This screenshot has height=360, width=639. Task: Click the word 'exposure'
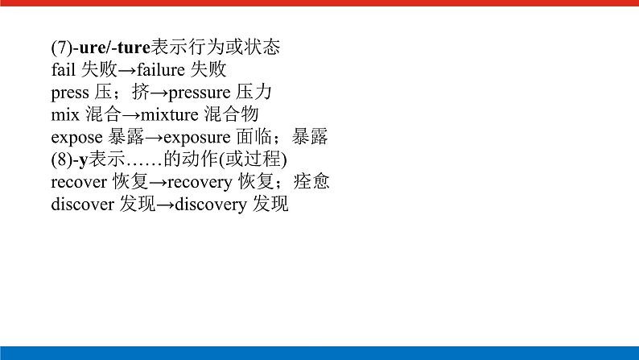click(x=196, y=137)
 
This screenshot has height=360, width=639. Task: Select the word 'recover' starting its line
click(x=78, y=182)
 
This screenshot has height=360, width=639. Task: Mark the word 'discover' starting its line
click(x=82, y=205)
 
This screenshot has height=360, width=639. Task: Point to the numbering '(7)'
click(x=60, y=47)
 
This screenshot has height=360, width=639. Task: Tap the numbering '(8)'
click(x=60, y=159)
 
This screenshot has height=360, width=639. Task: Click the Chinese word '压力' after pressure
click(x=253, y=92)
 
